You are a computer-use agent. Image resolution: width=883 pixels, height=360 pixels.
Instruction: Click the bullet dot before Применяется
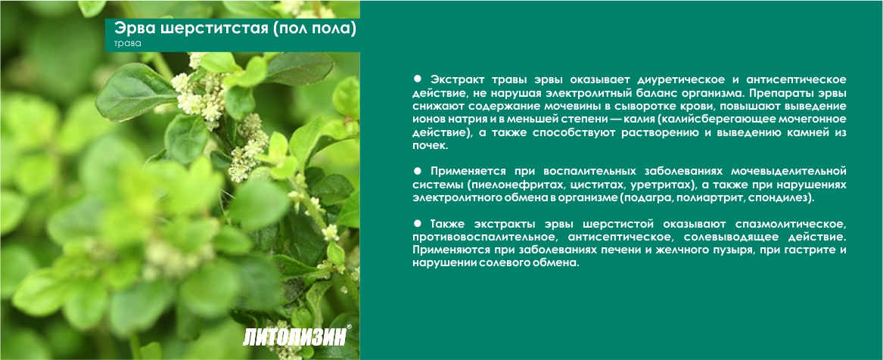tap(417, 170)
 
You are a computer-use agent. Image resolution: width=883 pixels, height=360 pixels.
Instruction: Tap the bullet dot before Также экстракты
tap(417, 223)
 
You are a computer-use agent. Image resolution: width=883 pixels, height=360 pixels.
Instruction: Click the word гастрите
tap(810, 250)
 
